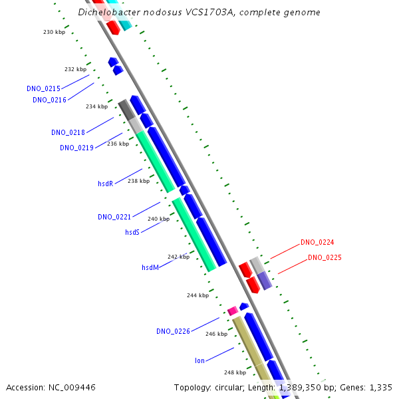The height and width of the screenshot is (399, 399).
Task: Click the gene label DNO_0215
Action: (43, 88)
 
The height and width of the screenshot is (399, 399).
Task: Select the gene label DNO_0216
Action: (49, 100)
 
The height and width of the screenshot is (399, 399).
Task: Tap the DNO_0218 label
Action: (68, 132)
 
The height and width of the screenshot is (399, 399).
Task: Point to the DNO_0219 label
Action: (76, 148)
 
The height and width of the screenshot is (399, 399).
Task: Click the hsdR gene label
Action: (105, 184)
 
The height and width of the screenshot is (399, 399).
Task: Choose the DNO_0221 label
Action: (114, 217)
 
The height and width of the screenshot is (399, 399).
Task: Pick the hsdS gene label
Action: (132, 232)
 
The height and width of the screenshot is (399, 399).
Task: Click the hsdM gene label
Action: (150, 267)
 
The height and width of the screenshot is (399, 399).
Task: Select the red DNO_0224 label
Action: (317, 243)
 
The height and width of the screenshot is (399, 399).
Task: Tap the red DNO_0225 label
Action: (325, 257)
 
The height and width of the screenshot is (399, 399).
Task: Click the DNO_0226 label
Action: (173, 331)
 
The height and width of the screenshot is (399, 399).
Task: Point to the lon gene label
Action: (199, 360)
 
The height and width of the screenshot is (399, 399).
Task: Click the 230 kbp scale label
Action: (55, 32)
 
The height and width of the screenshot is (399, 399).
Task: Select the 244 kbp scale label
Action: (198, 295)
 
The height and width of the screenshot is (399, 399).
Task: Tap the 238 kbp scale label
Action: (138, 181)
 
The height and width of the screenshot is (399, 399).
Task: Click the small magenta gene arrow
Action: (233, 311)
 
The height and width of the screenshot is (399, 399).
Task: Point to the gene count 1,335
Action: (379, 387)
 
